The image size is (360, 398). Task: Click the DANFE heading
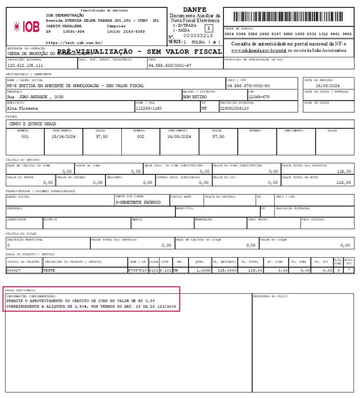[x=195, y=10]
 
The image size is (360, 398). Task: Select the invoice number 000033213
[x=198, y=35]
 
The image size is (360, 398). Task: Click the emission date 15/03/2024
[x=327, y=86]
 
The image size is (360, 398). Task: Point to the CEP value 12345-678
[x=259, y=97]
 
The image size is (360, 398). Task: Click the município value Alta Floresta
[x=22, y=108]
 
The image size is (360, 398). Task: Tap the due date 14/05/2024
[x=180, y=137]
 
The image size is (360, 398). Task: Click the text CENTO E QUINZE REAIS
[x=33, y=124]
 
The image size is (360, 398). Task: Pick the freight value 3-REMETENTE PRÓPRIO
[x=138, y=202]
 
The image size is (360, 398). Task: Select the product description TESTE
[x=50, y=270]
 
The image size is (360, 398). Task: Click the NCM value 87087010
[x=138, y=270]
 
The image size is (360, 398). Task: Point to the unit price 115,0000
[x=227, y=270]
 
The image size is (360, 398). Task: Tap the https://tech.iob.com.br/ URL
[x=74, y=42]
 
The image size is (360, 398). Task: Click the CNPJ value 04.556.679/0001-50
[x=248, y=86]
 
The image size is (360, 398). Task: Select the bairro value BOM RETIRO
[x=195, y=97]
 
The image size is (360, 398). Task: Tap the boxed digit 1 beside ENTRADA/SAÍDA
[x=208, y=28]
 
